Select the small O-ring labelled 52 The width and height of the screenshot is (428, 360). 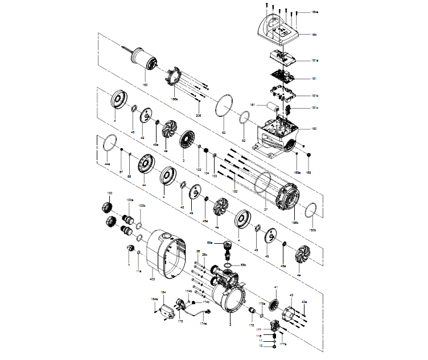pos(244,120)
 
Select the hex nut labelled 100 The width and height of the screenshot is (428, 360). pos(106,207)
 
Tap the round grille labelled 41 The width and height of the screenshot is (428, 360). pos(273,302)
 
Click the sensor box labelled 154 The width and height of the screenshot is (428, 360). pos(167,312)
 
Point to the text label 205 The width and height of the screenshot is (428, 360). pos(198,115)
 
